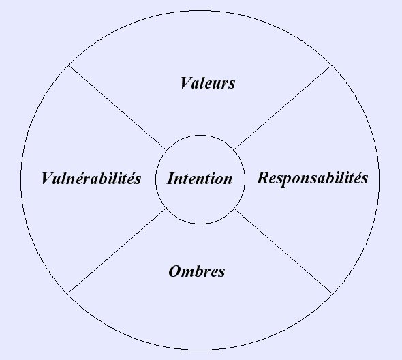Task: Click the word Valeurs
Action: click(208, 83)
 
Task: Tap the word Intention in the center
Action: click(200, 179)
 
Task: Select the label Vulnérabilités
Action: click(91, 178)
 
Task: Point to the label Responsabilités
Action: click(313, 178)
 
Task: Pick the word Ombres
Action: click(197, 271)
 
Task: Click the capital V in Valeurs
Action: click(185, 83)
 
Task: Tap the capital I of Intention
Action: click(171, 179)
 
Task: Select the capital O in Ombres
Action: click(175, 271)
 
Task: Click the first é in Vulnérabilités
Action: click(82, 178)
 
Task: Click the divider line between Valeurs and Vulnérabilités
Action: click(118, 108)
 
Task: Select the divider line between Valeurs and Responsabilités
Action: click(282, 108)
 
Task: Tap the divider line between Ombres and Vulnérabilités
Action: click(118, 250)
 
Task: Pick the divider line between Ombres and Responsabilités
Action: click(283, 251)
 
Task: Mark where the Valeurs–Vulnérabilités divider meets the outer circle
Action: click(69, 65)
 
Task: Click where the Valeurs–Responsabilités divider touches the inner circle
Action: click(234, 149)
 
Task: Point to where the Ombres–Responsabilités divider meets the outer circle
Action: click(332, 294)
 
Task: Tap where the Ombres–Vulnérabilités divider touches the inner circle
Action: click(167, 208)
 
